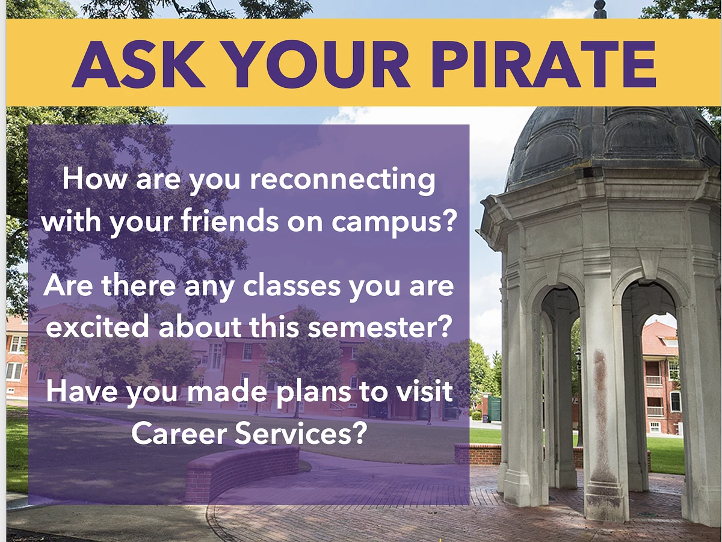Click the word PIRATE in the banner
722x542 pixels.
pos(543,64)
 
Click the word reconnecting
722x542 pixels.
pos(342,180)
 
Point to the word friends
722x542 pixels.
pos(230,220)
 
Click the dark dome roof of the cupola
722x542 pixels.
pos(612,145)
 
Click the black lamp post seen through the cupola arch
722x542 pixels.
pos(578,395)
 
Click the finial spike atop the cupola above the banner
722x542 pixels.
pos(599,8)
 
